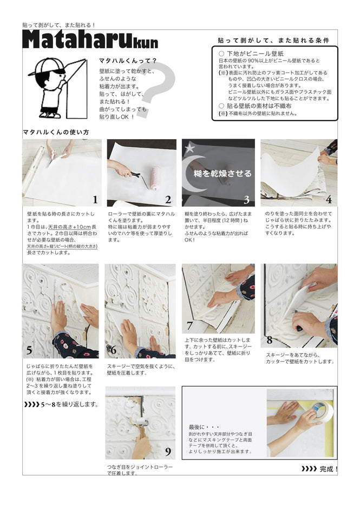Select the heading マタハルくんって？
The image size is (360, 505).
click(x=128, y=61)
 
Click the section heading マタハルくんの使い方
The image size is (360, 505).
click(x=56, y=132)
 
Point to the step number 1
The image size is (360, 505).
click(x=95, y=200)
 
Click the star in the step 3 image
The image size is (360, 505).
click(x=189, y=147)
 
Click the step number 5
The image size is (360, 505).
click(x=29, y=351)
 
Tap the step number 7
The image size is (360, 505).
click(x=189, y=325)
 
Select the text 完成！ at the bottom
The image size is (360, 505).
click(x=328, y=469)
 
